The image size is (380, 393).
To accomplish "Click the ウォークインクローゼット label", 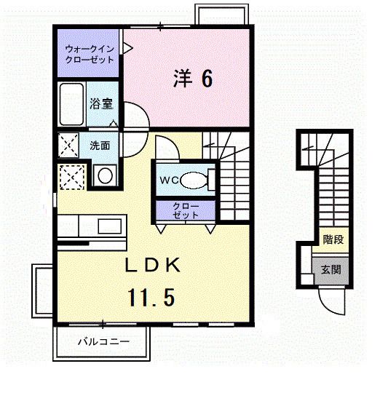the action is pos(90,54).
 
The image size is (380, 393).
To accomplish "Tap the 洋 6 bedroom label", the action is pos(193,78).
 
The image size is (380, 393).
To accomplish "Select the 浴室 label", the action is pos(101,104).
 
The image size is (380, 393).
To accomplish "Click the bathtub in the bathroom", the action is pos(71,104).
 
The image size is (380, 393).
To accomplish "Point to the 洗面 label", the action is pos(100,146).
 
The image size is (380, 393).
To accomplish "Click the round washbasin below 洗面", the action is pos(105,175).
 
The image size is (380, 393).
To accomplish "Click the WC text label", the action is pos(169,180).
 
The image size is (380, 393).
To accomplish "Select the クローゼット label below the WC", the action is pos(186,210).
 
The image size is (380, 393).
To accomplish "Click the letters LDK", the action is pos(153,265).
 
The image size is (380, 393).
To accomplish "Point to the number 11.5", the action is pos(151,297).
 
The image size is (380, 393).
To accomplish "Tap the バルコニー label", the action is pos(103,341).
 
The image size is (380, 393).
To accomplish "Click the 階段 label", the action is pos(333,239).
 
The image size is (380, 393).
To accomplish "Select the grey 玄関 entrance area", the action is pos(331,270).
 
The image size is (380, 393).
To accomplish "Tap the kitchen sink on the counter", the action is pos(110,226).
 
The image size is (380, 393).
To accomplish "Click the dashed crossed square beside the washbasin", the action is pos(71,177).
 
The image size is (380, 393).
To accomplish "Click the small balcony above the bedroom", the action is pos(222,15).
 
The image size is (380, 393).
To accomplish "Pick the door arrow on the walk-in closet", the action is pos(127,48).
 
